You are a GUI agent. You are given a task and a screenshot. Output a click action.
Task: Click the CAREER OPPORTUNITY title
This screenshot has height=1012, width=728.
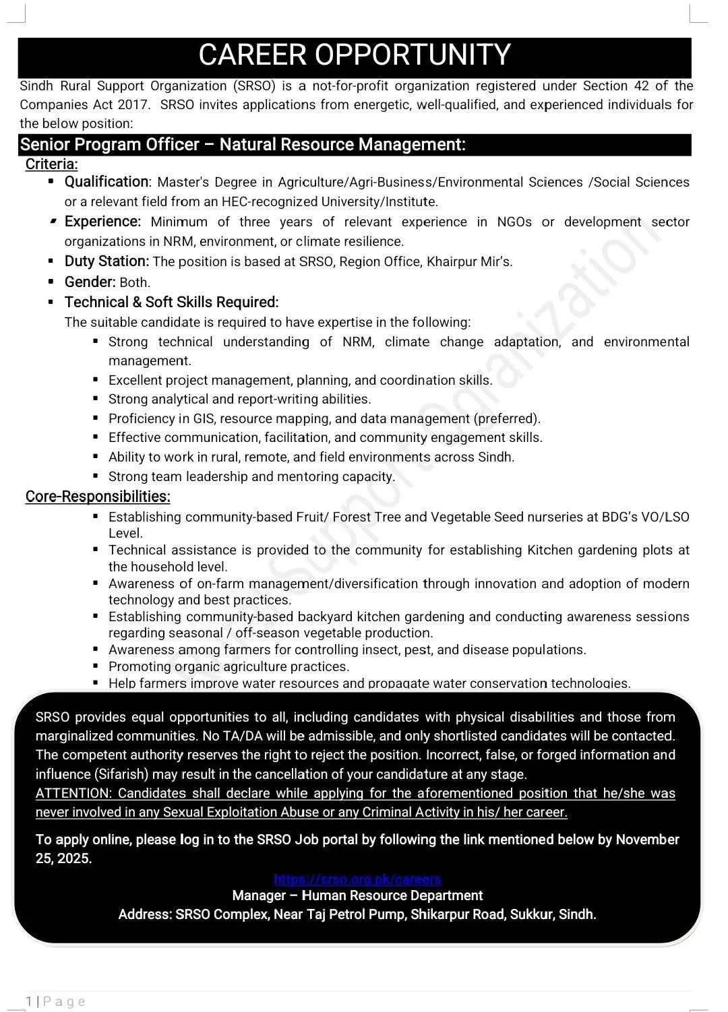coord(355,55)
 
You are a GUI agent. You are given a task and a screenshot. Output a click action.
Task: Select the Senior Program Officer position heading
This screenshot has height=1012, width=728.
coord(243,145)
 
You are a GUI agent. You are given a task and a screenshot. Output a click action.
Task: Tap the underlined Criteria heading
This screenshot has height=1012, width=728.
coord(52,164)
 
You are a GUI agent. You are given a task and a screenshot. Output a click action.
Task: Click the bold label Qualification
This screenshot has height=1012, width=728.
coord(107,182)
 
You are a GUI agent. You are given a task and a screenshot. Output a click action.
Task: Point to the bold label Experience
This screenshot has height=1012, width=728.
coord(102,222)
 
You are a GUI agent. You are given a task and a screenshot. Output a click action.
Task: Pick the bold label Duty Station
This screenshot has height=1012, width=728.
coord(107,261)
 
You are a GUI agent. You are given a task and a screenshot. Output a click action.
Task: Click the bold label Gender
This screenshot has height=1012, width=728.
coord(90,282)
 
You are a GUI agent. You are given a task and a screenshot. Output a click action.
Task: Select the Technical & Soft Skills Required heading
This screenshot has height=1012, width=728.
coord(171,303)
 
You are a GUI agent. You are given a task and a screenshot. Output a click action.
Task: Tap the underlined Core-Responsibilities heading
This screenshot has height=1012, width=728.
coord(98,497)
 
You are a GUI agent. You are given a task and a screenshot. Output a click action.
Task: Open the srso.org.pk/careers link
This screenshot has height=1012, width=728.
coord(357,879)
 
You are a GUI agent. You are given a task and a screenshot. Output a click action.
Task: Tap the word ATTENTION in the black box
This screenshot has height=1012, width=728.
coord(72,794)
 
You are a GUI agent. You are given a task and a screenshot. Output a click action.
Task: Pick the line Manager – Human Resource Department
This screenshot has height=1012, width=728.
coord(357,896)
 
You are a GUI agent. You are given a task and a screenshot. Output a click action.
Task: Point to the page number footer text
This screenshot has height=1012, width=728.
coord(57,1002)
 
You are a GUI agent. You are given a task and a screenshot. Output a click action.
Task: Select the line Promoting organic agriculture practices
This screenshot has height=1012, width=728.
coord(229,667)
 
